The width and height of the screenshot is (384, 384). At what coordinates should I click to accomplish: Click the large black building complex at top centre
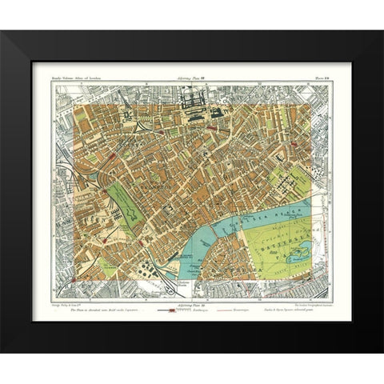[195, 104]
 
